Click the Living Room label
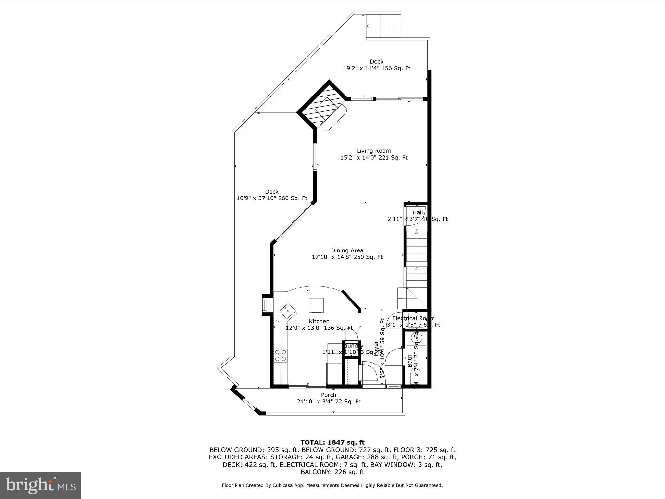[x=373, y=151]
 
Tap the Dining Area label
[x=347, y=250]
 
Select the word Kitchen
[x=319, y=321]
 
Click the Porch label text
[x=329, y=395]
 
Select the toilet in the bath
[x=416, y=379]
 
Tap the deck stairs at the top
[x=384, y=26]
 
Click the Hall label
[x=418, y=212]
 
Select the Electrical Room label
[x=413, y=318]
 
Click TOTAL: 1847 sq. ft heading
[x=332, y=442]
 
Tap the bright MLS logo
[x=41, y=486]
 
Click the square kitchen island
[x=316, y=305]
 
